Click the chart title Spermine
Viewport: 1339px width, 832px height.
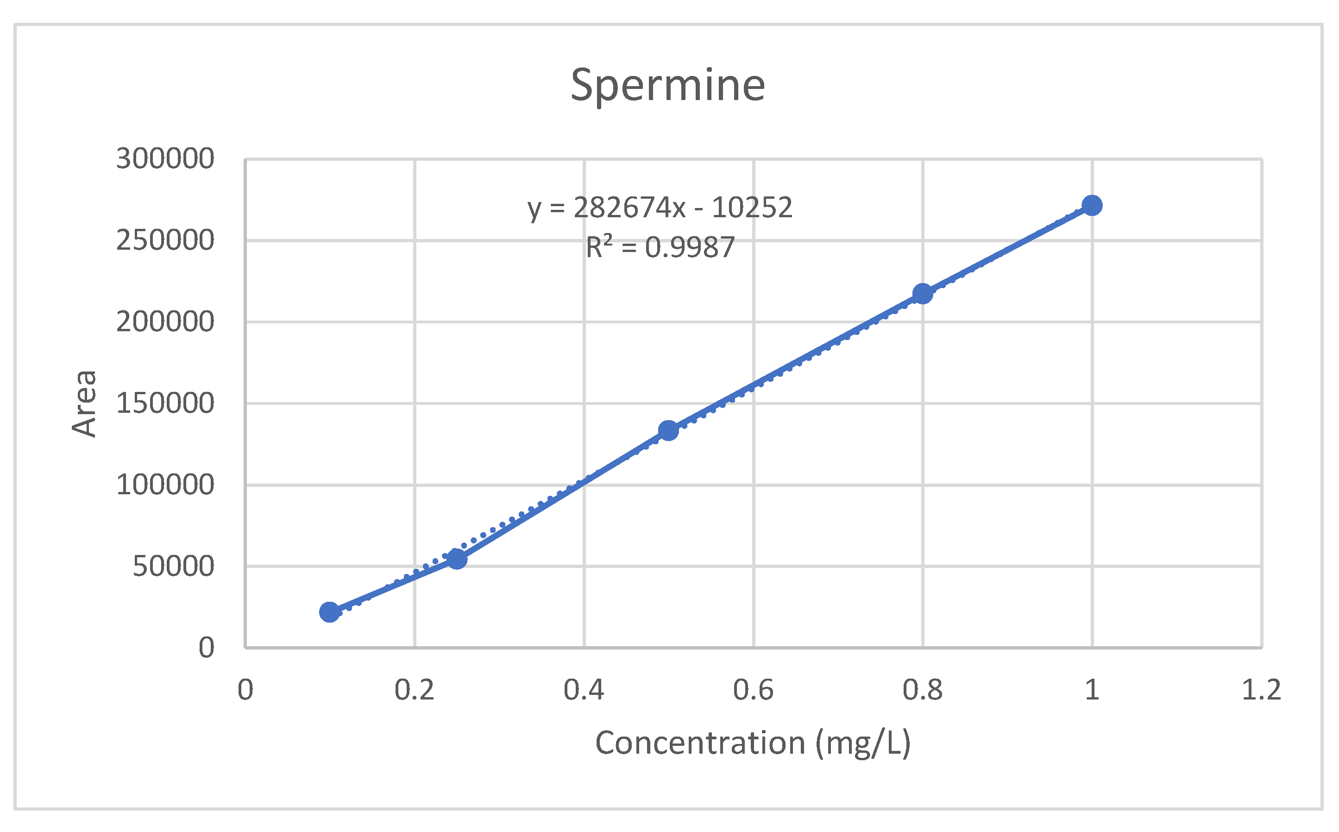click(667, 85)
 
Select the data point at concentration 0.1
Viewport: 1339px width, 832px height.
click(329, 611)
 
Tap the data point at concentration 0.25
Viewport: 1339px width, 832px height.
click(457, 559)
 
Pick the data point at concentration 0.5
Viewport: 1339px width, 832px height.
click(668, 430)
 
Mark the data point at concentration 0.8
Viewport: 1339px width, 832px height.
click(923, 293)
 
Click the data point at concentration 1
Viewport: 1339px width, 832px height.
click(1092, 205)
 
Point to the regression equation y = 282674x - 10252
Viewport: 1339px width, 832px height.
click(660, 208)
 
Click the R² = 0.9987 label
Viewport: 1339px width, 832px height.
click(660, 247)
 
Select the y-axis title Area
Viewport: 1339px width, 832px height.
click(85, 404)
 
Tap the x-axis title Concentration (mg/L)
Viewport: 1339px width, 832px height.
click(753, 743)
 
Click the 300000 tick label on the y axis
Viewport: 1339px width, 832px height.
click(165, 159)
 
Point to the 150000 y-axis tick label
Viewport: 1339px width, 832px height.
click(165, 403)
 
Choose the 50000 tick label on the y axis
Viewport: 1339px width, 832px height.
click(173, 566)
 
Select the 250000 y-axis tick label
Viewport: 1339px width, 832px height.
click(165, 240)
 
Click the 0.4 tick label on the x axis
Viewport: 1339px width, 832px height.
click(584, 689)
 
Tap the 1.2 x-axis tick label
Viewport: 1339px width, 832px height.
click(1261, 689)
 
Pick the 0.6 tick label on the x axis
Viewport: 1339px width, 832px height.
click(753, 689)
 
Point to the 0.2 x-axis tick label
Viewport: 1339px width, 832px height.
click(414, 689)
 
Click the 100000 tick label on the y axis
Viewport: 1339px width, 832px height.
click(165, 485)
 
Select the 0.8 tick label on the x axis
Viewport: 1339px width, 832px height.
click(923, 689)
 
